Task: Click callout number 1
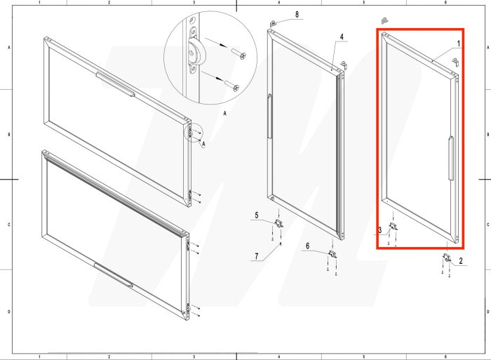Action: coord(459,44)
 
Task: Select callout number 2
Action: coord(461,260)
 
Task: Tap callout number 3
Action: coord(380,230)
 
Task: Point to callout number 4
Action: coord(342,36)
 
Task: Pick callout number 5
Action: coord(257,215)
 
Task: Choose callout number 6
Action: coord(307,246)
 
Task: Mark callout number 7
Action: coord(257,256)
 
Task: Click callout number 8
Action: coord(297,15)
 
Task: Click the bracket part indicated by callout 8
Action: coord(273,23)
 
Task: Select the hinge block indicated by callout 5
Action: coord(278,223)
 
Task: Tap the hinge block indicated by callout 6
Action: coord(332,253)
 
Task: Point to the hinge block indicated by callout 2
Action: coord(447,258)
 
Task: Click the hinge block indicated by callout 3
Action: coord(394,226)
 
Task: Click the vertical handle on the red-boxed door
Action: coord(451,158)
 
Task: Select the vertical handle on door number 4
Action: coord(269,116)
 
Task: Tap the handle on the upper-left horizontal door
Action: coord(116,84)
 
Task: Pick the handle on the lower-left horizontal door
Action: coord(114,275)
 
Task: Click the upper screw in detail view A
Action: coord(238,54)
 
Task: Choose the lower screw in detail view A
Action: coord(232,85)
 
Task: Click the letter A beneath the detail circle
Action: coord(225,114)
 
